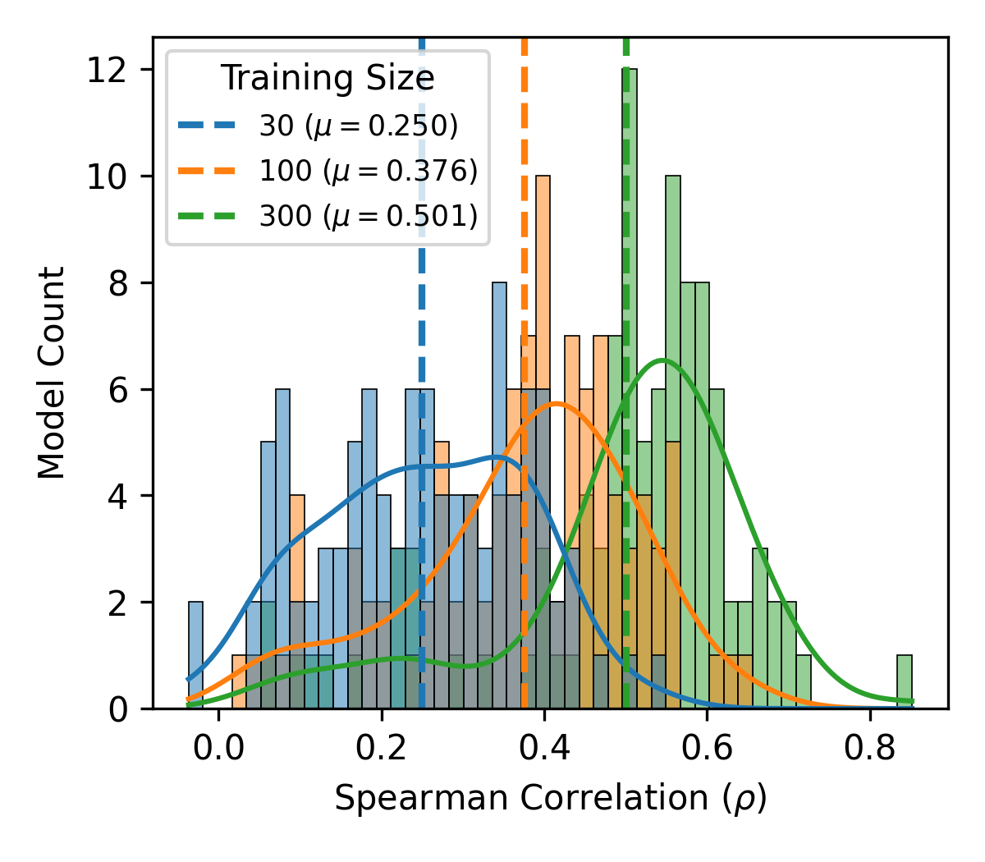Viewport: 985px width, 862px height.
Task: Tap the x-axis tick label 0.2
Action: (x=381, y=750)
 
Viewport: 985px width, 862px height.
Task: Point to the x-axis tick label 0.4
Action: (x=544, y=750)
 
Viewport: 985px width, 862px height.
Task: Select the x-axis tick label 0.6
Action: (x=708, y=750)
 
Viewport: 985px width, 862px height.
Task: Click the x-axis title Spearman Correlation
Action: (x=550, y=798)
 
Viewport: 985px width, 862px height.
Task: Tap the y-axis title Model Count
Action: (x=51, y=373)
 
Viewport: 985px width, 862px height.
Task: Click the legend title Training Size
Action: (x=328, y=79)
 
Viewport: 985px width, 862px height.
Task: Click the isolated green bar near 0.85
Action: (x=904, y=681)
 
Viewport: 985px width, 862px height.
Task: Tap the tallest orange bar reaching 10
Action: (x=543, y=443)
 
